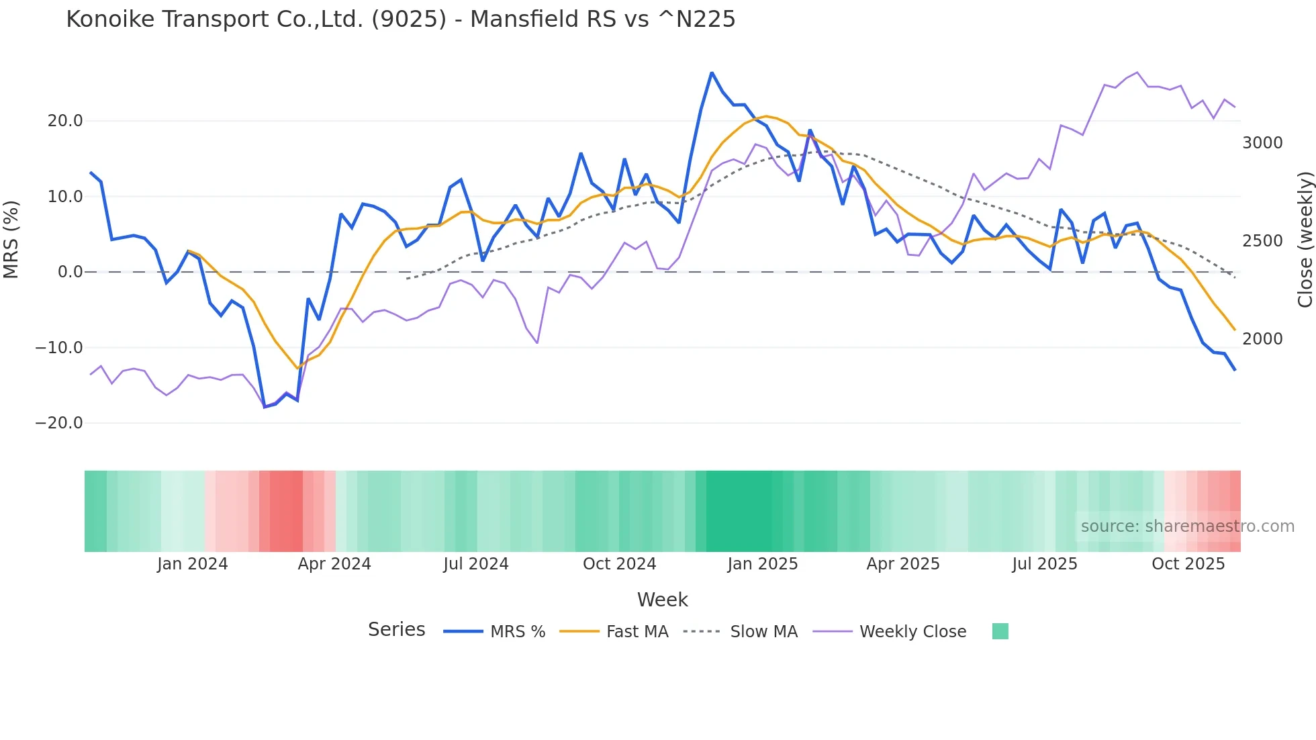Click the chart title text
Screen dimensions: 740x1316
[x=400, y=19]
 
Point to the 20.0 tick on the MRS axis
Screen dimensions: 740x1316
[x=65, y=121]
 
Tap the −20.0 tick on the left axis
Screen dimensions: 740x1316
[x=59, y=423]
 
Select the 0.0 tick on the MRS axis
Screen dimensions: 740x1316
[x=70, y=272]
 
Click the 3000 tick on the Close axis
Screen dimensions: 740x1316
[x=1262, y=143]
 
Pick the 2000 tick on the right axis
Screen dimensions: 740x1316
[x=1262, y=339]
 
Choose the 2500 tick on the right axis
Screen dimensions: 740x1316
[x=1262, y=241]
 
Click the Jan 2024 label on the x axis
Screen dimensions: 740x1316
[x=193, y=564]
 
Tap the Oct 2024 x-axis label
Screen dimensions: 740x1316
[x=619, y=564]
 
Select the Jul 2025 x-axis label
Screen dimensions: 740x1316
[x=1045, y=564]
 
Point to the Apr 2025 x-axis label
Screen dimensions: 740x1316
[x=903, y=564]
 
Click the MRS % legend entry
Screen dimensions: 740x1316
[x=517, y=632]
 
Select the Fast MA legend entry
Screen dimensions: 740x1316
[x=637, y=632]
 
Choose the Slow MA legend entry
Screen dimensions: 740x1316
[x=763, y=632]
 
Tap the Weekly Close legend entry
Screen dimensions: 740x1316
[x=912, y=632]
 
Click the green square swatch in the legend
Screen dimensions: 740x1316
[x=1000, y=631]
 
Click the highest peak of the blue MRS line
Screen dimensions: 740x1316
[x=712, y=73]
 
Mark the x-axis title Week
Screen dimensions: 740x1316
[x=662, y=600]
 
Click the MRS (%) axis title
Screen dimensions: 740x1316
[x=11, y=239]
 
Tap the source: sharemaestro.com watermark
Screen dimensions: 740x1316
[x=1187, y=526]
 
